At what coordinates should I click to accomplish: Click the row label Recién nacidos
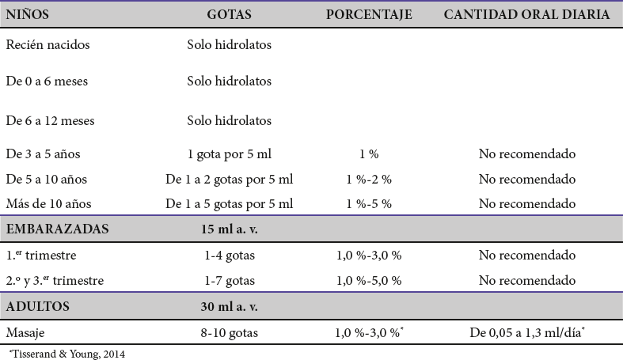47,45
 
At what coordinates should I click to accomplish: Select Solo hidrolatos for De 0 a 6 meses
230,81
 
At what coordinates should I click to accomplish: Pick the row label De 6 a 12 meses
50,121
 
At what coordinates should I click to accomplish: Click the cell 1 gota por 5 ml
230,153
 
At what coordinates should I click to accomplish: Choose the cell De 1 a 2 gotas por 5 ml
230,179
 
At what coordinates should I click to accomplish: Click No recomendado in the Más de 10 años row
526,204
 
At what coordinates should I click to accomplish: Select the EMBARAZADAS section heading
57,229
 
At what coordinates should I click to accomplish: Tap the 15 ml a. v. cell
230,229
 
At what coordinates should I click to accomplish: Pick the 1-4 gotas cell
230,256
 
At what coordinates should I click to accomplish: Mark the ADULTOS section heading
38,306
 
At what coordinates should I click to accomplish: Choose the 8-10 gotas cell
230,333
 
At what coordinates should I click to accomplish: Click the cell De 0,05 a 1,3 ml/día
526,333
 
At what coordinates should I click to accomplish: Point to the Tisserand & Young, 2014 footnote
66,354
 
